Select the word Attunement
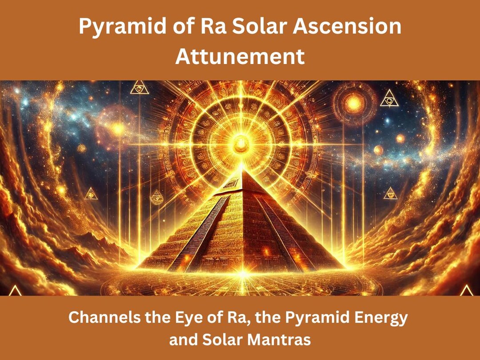point(240,56)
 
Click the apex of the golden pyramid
point(243,170)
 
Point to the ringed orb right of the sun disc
point(354,104)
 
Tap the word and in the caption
point(183,340)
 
